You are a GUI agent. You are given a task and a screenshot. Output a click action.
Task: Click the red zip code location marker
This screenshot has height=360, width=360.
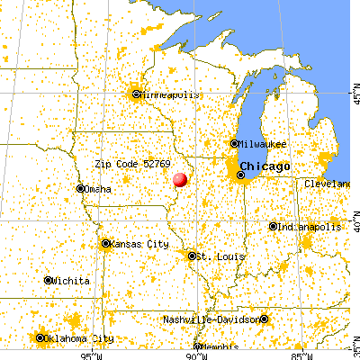tap(180, 181)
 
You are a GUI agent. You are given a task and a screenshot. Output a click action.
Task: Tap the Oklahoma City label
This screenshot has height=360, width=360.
tap(81, 338)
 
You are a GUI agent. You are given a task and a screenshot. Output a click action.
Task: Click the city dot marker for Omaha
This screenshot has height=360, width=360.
tap(79, 189)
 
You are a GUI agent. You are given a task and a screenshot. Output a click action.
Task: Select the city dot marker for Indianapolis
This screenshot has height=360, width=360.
tap(273, 227)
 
